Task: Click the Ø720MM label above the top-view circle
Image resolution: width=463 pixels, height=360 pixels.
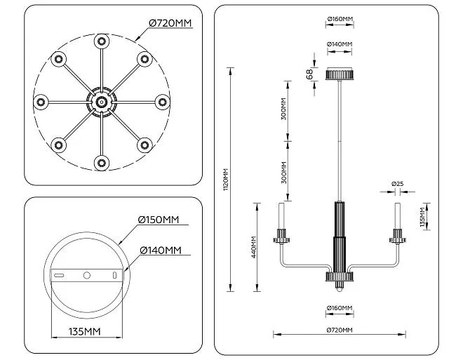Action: click(170, 23)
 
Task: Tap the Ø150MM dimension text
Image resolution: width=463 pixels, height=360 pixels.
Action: click(159, 220)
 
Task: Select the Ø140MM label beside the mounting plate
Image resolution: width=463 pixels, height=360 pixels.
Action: click(161, 251)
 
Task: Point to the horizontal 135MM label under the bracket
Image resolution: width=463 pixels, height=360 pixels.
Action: click(85, 332)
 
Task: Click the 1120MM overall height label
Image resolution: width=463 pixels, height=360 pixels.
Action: click(226, 179)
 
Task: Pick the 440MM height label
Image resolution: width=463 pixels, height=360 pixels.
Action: click(254, 247)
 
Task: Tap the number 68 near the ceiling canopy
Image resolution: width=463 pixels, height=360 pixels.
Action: click(310, 74)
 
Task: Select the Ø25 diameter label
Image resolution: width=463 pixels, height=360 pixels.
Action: click(398, 184)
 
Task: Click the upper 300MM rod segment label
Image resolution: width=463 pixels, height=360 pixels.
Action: click(283, 109)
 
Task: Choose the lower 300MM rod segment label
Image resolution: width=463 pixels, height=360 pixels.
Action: click(284, 173)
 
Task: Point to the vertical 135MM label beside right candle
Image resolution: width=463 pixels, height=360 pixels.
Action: click(422, 217)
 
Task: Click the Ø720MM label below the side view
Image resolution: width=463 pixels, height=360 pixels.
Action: click(340, 330)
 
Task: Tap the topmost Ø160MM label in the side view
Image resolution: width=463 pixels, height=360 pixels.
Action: click(340, 19)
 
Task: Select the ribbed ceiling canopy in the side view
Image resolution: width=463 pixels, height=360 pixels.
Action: click(340, 74)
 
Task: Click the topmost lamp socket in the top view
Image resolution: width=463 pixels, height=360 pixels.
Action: click(102, 41)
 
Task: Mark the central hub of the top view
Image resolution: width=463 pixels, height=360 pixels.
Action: click(102, 102)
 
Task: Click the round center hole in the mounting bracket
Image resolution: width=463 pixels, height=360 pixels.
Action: click(87, 275)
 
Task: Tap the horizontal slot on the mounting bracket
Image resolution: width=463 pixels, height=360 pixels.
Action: click(59, 276)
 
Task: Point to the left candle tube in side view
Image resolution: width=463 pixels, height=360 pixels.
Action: click(281, 216)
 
